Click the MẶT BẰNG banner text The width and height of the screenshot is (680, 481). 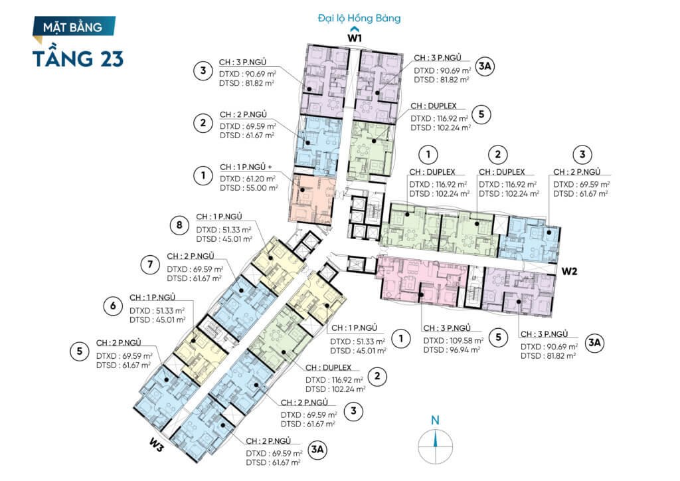coord(72,28)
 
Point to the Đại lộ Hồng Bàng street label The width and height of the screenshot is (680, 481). coord(359,18)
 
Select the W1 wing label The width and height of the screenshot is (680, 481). coord(355,38)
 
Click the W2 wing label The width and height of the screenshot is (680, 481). coord(569,271)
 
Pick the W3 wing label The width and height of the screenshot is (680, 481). coord(157,445)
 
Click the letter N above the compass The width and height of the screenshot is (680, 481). coord(435,420)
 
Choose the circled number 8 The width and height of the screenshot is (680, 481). coord(179,225)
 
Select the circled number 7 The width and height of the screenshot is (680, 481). coord(150,264)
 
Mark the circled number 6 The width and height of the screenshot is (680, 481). coord(113,306)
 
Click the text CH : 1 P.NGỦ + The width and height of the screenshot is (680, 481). coord(246,167)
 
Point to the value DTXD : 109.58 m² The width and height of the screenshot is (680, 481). coord(453,340)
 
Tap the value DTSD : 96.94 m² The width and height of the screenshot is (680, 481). coord(452,349)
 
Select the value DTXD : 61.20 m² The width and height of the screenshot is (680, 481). coord(248,179)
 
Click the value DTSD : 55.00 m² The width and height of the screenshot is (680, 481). coord(249,188)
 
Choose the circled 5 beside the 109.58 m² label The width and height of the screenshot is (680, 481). coord(498,337)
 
